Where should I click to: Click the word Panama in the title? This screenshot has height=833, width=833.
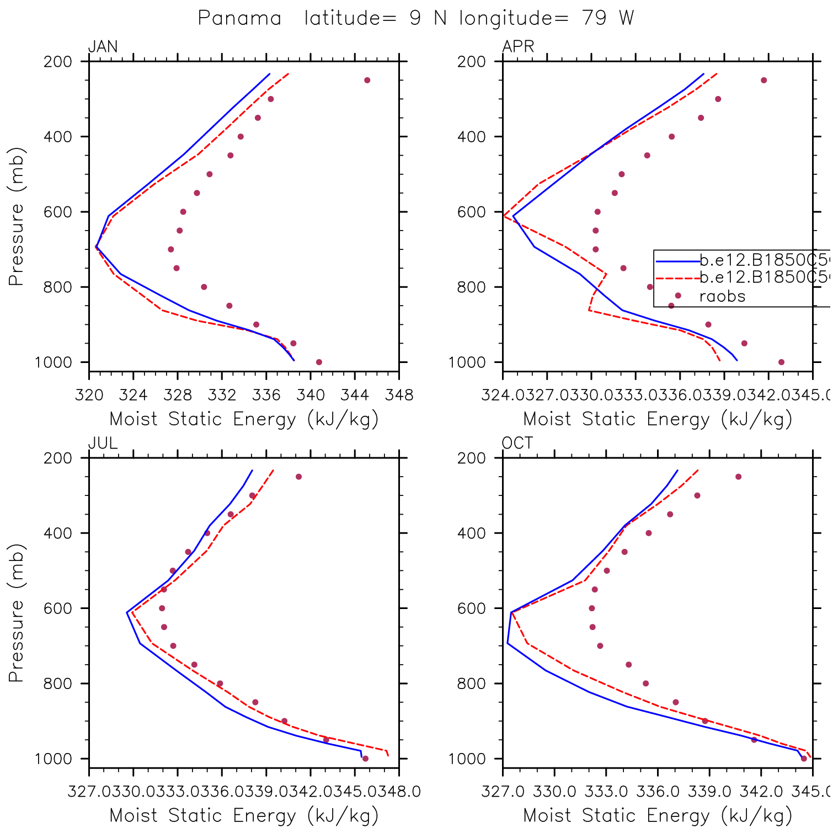[239, 18]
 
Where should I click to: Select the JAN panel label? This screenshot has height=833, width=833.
[103, 46]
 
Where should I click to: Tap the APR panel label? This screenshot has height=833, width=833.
[518, 46]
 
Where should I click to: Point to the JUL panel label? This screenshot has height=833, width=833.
[103, 443]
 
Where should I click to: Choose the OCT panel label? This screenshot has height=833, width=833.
[517, 443]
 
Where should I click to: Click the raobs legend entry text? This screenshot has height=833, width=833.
[722, 297]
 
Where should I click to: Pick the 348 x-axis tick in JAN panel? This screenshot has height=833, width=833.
[399, 395]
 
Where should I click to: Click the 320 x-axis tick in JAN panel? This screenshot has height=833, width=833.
[89, 395]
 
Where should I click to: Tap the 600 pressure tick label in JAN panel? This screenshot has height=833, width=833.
[58, 212]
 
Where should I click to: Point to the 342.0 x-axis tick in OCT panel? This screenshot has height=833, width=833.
[761, 792]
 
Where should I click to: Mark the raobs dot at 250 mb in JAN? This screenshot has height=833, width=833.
[367, 81]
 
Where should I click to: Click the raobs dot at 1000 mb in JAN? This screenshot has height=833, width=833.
[319, 362]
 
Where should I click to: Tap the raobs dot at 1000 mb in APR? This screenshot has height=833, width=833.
[781, 362]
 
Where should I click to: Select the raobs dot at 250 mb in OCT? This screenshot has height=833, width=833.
[738, 477]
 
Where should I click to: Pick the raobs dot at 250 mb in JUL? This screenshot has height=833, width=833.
[298, 477]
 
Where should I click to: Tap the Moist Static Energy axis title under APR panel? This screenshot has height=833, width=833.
[657, 419]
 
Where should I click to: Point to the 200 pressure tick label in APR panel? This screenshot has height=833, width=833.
[472, 62]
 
